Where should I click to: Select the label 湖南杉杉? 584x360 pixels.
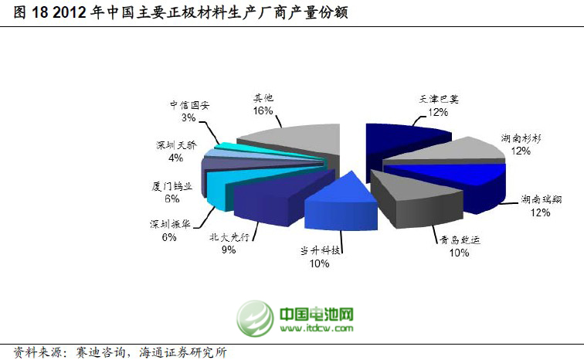click(521, 138)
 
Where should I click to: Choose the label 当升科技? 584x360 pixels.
click(320, 250)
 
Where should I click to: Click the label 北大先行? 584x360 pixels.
click(229, 237)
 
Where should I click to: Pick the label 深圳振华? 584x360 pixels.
click(169, 224)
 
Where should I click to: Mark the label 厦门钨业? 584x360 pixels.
click(171, 185)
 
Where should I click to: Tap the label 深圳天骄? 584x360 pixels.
click(175, 144)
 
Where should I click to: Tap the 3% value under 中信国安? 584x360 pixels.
click(188, 118)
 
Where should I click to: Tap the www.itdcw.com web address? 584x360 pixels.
click(317, 329)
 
